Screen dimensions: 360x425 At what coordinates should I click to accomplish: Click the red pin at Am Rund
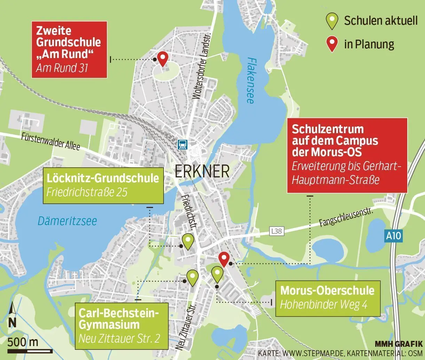tap(162, 58)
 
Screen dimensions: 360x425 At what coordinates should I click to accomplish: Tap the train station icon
tap(182, 144)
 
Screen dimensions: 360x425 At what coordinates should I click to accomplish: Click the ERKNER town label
tap(202, 171)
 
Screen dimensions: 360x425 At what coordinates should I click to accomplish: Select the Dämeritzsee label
tap(67, 221)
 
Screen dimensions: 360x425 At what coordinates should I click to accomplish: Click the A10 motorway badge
tap(394, 236)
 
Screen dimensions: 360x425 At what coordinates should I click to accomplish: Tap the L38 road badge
tap(277, 231)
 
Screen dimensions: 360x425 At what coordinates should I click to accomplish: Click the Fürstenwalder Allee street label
tap(50, 141)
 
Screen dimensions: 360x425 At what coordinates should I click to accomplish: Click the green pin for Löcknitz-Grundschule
tap(188, 241)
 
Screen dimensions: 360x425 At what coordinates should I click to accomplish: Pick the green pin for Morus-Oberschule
tap(217, 274)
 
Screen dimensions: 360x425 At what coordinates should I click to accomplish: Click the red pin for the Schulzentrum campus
tap(224, 259)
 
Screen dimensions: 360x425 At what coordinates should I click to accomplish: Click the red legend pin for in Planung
tap(333, 44)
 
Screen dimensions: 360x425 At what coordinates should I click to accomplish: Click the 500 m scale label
tap(23, 342)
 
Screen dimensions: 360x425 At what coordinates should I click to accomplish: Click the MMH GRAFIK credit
tap(399, 344)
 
